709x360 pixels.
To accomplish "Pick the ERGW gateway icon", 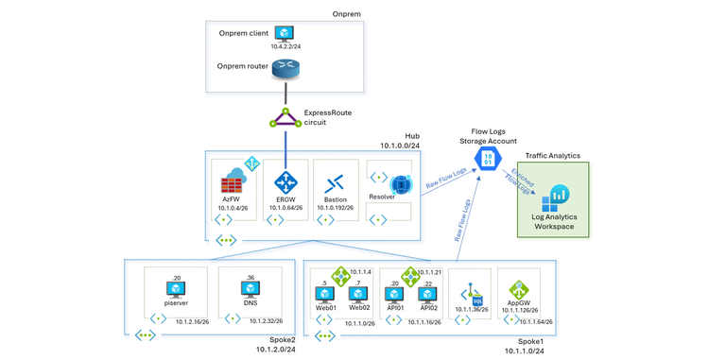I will tap(285, 182).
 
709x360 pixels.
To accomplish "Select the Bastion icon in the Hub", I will tap(334, 182).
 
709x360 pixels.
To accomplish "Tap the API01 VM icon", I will tap(395, 293).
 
